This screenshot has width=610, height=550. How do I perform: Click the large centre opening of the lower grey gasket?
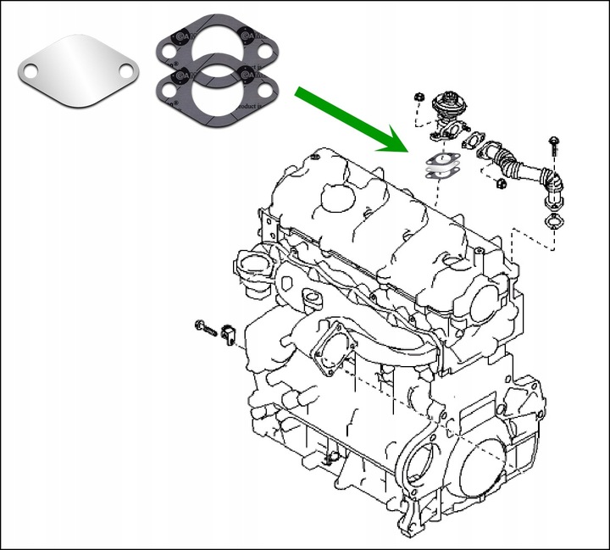point(216,92)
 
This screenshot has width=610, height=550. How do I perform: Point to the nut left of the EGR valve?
point(419,98)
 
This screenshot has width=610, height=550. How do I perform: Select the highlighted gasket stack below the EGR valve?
point(439,166)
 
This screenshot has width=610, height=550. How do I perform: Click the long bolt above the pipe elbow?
point(553,143)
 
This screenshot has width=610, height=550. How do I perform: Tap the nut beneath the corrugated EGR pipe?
point(500,182)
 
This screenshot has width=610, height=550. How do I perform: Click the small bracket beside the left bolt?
point(227,333)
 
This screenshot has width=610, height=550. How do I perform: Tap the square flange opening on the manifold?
point(330,352)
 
